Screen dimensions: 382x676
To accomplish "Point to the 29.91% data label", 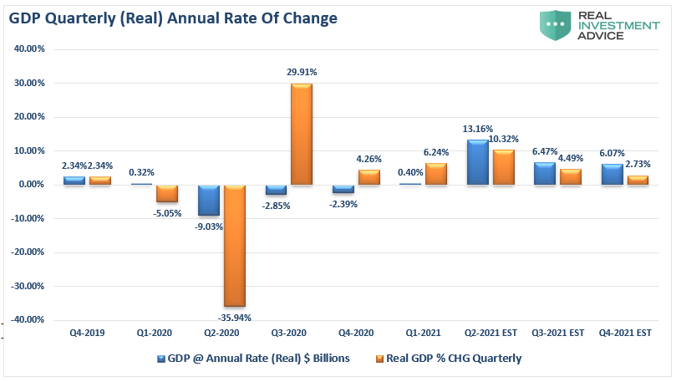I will [x=301, y=73].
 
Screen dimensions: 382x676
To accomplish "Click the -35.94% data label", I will [x=234, y=318].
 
